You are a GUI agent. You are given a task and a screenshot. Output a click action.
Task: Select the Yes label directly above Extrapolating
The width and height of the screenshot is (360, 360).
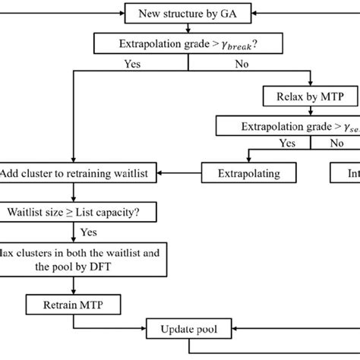288,142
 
